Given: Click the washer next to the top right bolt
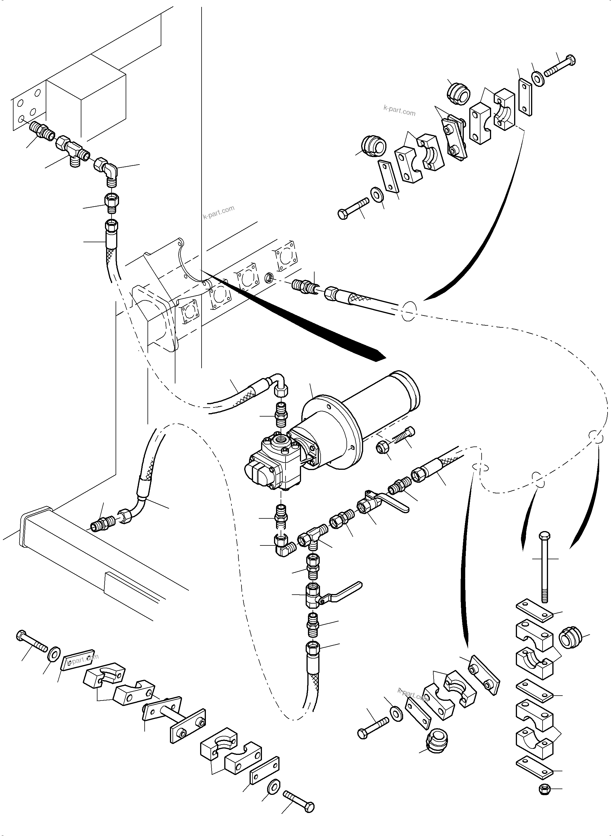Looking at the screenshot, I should tap(537, 79).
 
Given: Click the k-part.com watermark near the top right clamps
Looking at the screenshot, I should tap(399, 110).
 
